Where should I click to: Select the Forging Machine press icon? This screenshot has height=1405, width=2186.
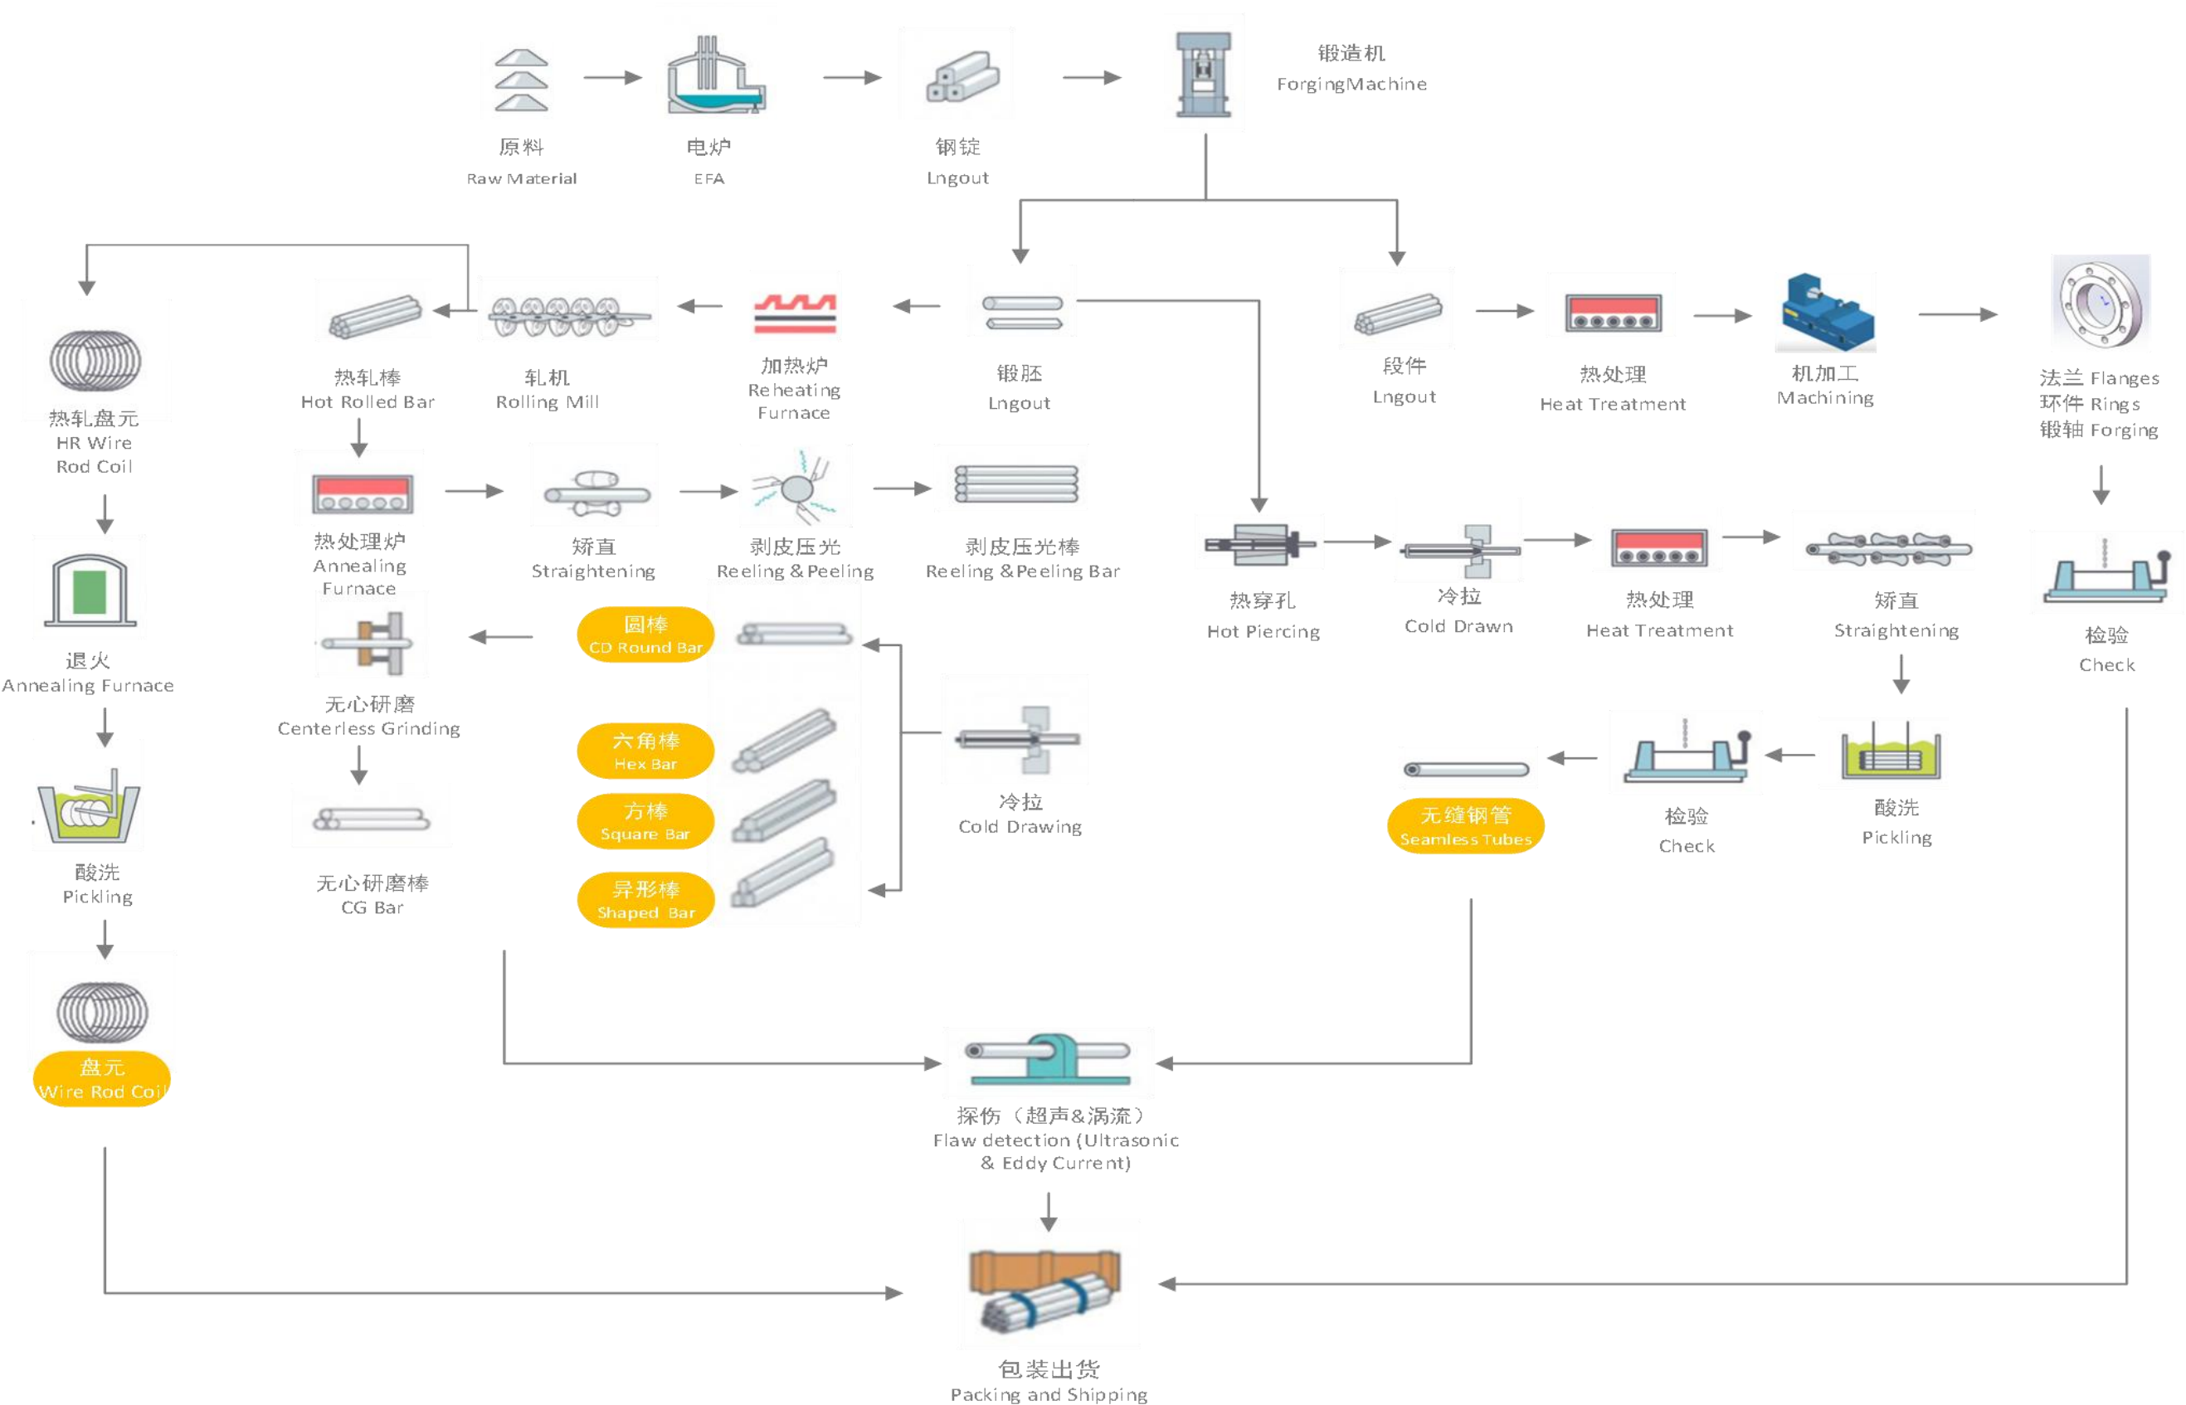[1205, 73]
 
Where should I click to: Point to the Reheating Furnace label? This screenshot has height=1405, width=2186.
[794, 391]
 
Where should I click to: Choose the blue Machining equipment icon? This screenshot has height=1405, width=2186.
[1824, 312]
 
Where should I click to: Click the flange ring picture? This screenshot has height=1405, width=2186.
[2101, 303]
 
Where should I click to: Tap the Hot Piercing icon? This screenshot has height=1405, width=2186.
[1259, 542]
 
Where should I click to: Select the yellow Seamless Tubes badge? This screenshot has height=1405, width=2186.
[1465, 826]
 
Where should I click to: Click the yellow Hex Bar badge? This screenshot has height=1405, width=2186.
[645, 751]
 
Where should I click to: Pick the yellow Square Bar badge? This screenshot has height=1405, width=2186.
[645, 821]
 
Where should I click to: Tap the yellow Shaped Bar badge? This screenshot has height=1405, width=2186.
[645, 901]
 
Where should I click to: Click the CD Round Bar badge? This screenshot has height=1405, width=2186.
[645, 635]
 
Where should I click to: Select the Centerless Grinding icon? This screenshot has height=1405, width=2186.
[372, 635]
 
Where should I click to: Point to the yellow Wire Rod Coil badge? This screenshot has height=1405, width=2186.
[102, 1080]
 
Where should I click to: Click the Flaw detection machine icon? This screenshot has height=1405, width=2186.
[1048, 1063]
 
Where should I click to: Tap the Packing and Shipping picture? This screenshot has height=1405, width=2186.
[1048, 1284]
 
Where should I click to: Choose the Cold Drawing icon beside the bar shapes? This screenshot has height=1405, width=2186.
[1014, 729]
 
